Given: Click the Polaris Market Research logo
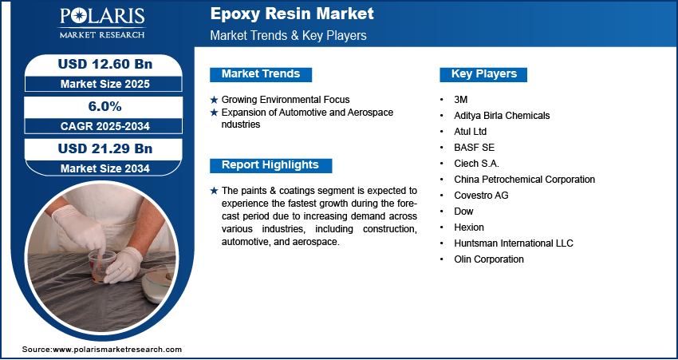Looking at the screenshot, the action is (x=102, y=23).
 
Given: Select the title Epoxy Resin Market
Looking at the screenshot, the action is (x=292, y=14).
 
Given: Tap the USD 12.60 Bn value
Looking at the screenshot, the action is (x=105, y=64).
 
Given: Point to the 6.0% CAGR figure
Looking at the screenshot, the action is (x=105, y=106).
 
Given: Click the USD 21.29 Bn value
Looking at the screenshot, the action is (x=105, y=148).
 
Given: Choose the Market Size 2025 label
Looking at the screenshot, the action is (x=105, y=84).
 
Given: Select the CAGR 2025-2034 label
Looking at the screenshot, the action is (x=105, y=126).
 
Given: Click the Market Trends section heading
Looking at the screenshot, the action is (x=261, y=74).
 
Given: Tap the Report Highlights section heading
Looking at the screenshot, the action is (x=270, y=165).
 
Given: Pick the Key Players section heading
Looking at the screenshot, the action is (x=484, y=74).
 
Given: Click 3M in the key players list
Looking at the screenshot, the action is (x=461, y=100).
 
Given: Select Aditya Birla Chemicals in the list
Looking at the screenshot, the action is (x=502, y=116).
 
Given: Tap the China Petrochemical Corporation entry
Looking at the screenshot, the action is (x=525, y=179).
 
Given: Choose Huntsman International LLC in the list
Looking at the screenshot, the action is (x=514, y=243).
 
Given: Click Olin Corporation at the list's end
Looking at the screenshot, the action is (x=489, y=259).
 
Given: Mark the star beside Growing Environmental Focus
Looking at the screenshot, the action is (x=214, y=100).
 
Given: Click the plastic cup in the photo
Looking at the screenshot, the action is (x=102, y=266).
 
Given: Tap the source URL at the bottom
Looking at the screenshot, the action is (x=102, y=350).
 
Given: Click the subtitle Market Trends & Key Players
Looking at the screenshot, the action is (x=289, y=35).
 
